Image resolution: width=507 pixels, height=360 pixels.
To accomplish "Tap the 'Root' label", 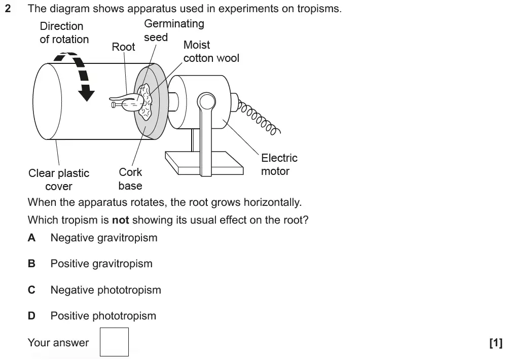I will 123,47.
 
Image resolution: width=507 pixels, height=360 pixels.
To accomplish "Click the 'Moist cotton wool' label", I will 211,52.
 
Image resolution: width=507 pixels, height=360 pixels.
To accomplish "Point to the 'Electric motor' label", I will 279,165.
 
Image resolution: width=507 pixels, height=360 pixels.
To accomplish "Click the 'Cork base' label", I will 130,179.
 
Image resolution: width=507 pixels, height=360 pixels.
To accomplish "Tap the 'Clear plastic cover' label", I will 59,179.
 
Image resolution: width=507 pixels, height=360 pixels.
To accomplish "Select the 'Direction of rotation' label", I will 64,32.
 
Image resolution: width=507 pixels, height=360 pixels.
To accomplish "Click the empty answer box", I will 114,342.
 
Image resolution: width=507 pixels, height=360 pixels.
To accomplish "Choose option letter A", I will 31,238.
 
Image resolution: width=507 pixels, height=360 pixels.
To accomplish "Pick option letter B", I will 31,264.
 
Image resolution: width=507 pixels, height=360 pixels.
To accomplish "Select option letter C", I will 31,290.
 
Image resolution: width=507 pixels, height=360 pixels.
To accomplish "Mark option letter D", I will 31,316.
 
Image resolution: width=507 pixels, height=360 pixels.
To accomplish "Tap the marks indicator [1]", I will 495,343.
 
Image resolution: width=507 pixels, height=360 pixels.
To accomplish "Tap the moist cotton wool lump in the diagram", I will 147,101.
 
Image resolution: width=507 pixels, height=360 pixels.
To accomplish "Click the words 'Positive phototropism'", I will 103,316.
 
